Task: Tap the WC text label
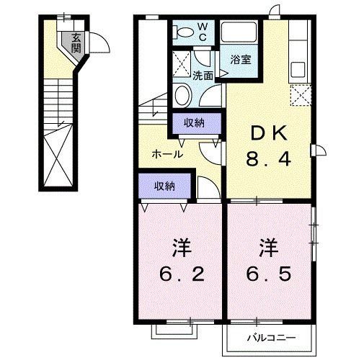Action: pyautogui.click(x=203, y=31)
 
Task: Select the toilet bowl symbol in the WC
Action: pyautogui.click(x=183, y=32)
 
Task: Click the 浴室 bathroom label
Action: pyautogui.click(x=241, y=60)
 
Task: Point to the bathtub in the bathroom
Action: pyautogui.click(x=241, y=32)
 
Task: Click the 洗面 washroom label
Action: pyautogui.click(x=203, y=75)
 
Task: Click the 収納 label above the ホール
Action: pyautogui.click(x=193, y=123)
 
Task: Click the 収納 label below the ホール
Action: pyautogui.click(x=164, y=186)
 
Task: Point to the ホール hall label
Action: pyautogui.click(x=167, y=153)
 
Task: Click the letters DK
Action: pyautogui.click(x=270, y=133)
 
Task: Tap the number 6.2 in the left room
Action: pyautogui.click(x=182, y=274)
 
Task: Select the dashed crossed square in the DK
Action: pyautogui.click(x=299, y=93)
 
